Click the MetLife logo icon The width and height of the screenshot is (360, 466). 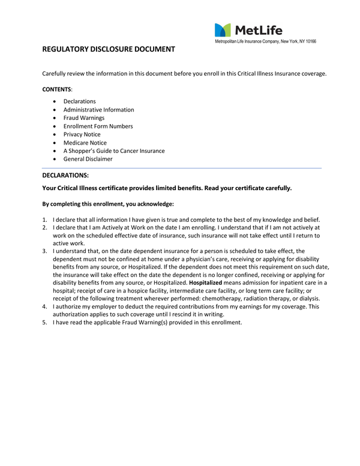click(223, 30)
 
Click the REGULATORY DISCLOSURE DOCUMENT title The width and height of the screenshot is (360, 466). click(109, 49)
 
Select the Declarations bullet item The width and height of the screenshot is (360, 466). click(79, 101)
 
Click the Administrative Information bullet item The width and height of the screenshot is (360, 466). click(98, 110)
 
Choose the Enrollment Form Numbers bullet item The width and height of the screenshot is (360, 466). click(98, 127)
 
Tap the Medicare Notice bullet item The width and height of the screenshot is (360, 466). click(84, 143)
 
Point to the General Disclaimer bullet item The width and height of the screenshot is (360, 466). click(88, 160)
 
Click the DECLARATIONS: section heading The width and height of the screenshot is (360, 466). click(65, 175)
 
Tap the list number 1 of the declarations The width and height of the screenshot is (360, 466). click(45, 219)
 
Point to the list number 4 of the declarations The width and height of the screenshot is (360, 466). click(45, 306)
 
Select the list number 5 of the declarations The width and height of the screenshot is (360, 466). click(45, 323)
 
